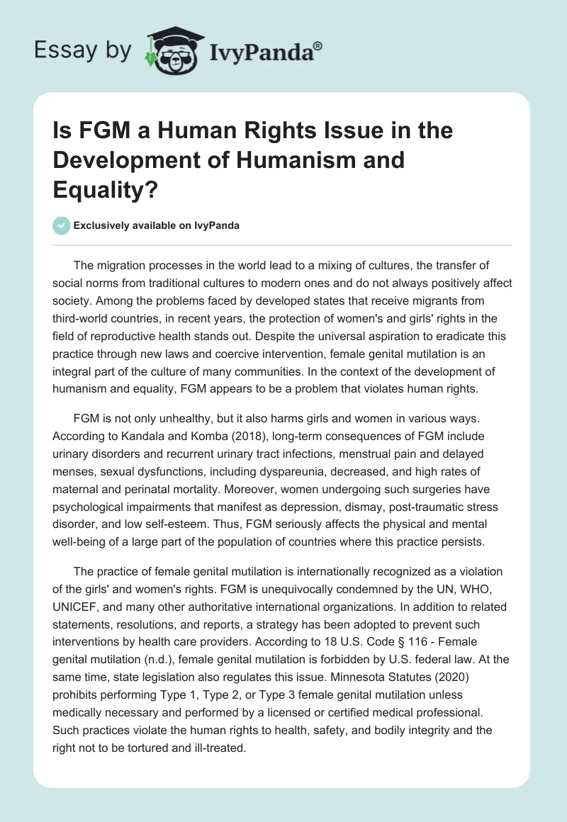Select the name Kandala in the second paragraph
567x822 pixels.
tap(130, 435)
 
